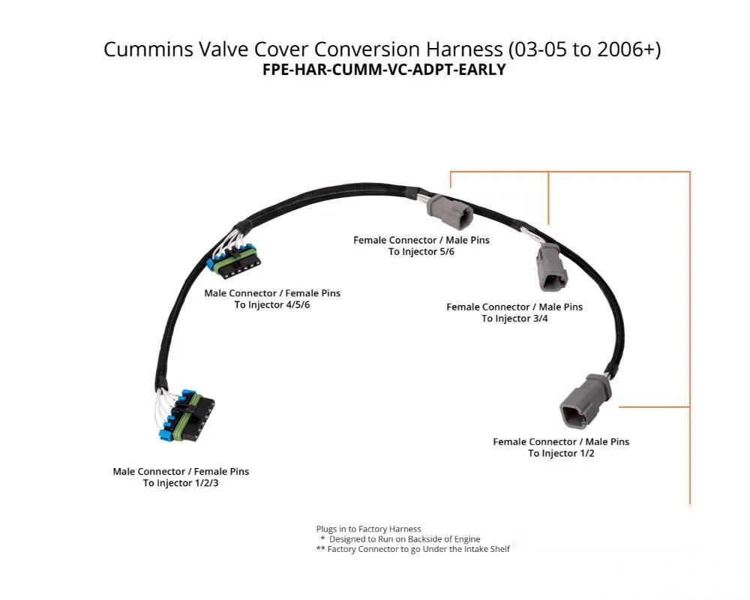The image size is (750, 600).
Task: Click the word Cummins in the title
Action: pyautogui.click(x=148, y=49)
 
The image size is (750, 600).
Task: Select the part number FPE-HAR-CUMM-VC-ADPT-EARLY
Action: pyautogui.click(x=384, y=70)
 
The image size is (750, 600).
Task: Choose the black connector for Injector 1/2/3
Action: pyautogui.click(x=188, y=415)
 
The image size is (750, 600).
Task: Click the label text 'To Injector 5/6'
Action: pyautogui.click(x=421, y=252)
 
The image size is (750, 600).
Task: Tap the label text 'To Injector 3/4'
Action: pyautogui.click(x=514, y=319)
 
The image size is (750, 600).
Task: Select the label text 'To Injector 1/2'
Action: pyautogui.click(x=561, y=454)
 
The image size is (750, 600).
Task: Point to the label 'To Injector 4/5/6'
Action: pyautogui.click(x=272, y=304)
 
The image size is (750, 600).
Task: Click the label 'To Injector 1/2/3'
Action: pyautogui.click(x=181, y=483)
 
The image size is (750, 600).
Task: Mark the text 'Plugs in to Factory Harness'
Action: pyautogui.click(x=368, y=529)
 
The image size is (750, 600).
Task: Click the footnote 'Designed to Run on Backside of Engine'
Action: pyautogui.click(x=405, y=539)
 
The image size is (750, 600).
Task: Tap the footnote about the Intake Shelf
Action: pyautogui.click(x=413, y=549)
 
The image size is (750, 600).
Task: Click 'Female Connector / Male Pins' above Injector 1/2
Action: pyautogui.click(x=561, y=442)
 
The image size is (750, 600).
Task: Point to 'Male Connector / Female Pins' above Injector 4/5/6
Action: pyautogui.click(x=272, y=293)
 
